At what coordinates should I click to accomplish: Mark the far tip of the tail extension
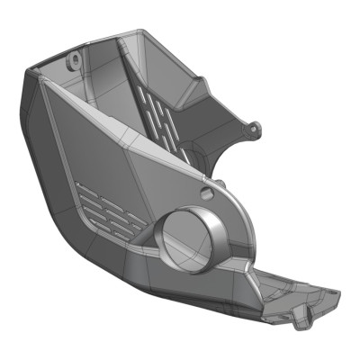click(335, 292)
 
